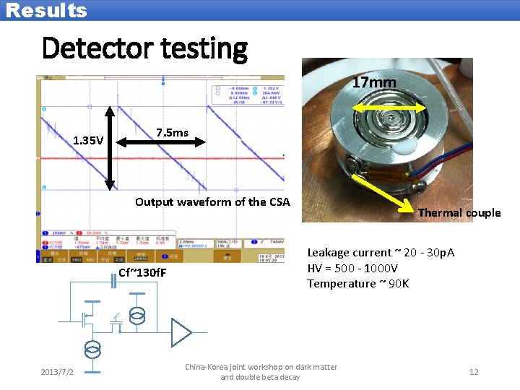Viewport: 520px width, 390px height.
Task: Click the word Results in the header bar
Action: click(x=46, y=10)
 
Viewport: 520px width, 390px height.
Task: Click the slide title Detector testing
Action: click(x=144, y=48)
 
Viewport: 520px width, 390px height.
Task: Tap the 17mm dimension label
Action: click(x=373, y=82)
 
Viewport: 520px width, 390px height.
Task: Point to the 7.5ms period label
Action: click(x=172, y=133)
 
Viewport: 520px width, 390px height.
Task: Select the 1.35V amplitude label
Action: click(x=88, y=140)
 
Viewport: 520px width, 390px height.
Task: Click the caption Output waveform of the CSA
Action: click(x=212, y=201)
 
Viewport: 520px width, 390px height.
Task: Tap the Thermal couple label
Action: click(x=459, y=212)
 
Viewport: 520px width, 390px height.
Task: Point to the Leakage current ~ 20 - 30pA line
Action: click(x=381, y=252)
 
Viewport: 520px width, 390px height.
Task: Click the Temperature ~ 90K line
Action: click(x=358, y=283)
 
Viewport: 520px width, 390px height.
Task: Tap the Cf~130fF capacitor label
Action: click(x=142, y=272)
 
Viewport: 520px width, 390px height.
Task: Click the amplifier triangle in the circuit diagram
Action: click(x=181, y=332)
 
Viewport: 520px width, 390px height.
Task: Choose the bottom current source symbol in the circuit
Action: click(x=92, y=349)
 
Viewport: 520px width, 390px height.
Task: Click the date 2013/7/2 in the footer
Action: click(x=57, y=372)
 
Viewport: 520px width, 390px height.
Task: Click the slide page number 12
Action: click(x=474, y=372)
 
